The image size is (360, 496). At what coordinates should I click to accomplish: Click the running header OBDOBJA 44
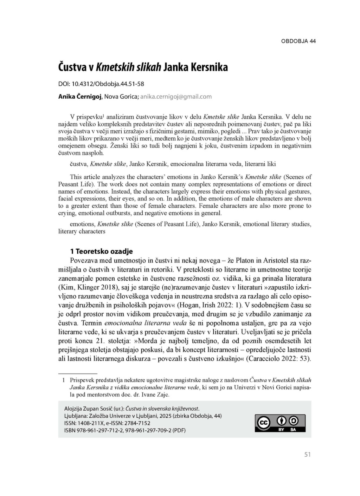(x=298, y=41)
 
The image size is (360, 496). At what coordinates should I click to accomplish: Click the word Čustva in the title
(x=73, y=67)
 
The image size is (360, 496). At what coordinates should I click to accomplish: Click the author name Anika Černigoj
(x=80, y=97)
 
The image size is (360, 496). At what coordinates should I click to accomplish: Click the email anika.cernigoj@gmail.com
(x=176, y=97)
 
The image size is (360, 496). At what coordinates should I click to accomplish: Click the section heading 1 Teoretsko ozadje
(x=101, y=251)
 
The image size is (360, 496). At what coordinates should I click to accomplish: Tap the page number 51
(x=307, y=455)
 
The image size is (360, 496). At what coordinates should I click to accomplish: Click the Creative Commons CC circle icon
(x=264, y=423)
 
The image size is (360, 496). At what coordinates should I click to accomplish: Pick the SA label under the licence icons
(x=293, y=430)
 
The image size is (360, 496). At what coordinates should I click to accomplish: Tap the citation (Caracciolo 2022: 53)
(x=278, y=359)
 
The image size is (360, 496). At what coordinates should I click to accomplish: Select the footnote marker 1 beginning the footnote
(x=64, y=380)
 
